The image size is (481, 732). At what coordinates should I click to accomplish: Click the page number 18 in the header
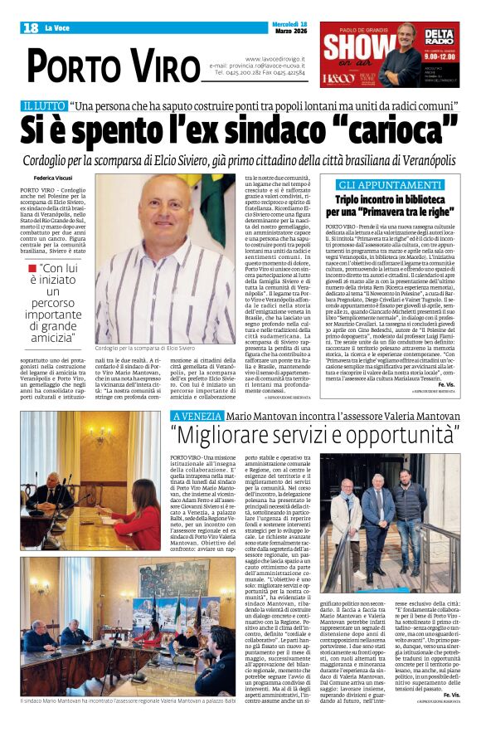[32, 28]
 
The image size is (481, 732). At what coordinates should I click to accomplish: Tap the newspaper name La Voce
[57, 28]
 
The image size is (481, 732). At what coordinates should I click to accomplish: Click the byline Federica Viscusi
[52, 177]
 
